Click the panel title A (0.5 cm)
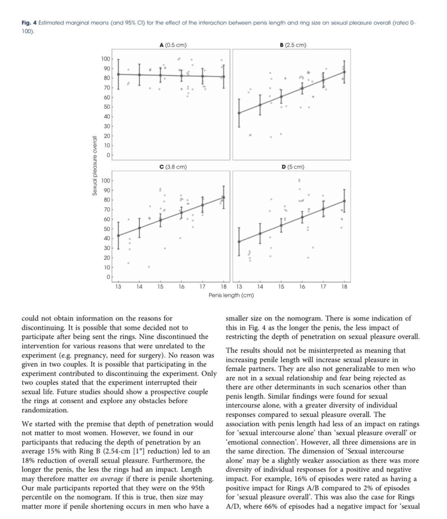[x=173, y=45]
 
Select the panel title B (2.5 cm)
[x=293, y=45]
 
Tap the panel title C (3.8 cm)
[x=173, y=167]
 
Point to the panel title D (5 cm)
[x=293, y=167]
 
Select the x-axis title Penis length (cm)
[x=231, y=295]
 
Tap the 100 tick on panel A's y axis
[x=105, y=59]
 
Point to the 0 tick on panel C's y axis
[x=108, y=277]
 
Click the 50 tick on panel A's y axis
[x=107, y=107]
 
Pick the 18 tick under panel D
[x=344, y=287]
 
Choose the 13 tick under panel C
[x=118, y=287]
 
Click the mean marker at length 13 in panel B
[x=239, y=113]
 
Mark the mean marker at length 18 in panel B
[x=344, y=72]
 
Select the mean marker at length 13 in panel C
[x=118, y=236]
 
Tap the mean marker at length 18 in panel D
[x=344, y=201]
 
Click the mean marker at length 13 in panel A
[x=118, y=74]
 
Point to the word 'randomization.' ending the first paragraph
[x=45, y=410]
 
